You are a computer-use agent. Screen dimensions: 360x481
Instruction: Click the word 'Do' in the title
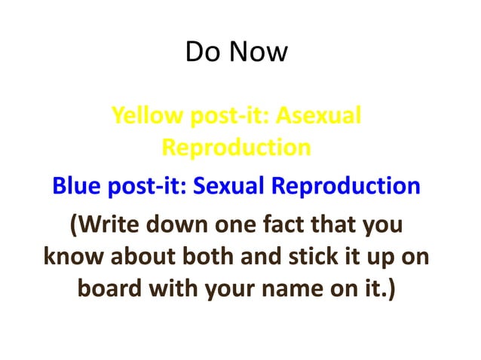(201, 52)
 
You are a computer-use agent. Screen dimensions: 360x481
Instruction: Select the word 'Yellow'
(146, 117)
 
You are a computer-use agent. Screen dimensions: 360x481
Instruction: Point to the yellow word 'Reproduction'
(236, 147)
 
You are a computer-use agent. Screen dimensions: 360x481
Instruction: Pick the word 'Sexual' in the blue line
(230, 185)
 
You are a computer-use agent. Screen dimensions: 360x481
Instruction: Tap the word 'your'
(229, 289)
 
